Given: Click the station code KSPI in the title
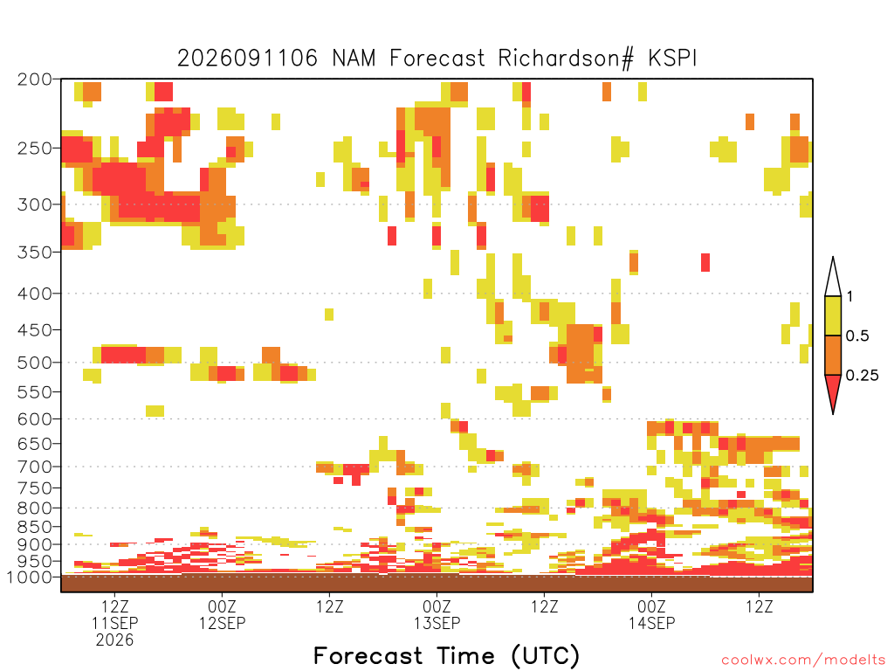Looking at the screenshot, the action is pyautogui.click(x=672, y=59).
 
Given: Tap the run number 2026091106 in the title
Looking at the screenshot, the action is pyautogui.click(x=247, y=59).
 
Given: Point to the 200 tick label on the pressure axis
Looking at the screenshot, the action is pyautogui.click(x=35, y=80).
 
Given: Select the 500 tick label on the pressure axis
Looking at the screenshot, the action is pyautogui.click(x=35, y=363).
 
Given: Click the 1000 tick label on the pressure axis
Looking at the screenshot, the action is pyautogui.click(x=29, y=578).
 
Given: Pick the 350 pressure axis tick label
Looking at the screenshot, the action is pyautogui.click(x=35, y=252).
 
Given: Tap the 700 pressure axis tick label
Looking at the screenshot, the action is pyautogui.click(x=35, y=467).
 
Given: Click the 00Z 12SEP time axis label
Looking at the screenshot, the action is pyautogui.click(x=222, y=614).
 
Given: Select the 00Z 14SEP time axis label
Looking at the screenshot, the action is pyautogui.click(x=651, y=614).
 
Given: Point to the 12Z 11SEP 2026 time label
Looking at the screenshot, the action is pyautogui.click(x=114, y=623).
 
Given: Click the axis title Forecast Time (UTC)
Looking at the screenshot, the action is pyautogui.click(x=446, y=655).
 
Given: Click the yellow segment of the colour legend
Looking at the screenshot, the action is pyautogui.click(x=833, y=315).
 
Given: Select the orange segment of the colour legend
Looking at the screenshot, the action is pyautogui.click(x=833, y=355).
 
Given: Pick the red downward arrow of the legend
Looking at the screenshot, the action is pyautogui.click(x=833, y=391).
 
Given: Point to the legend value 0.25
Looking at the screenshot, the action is pyautogui.click(x=862, y=376).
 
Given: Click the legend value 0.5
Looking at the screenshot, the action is pyautogui.click(x=857, y=336).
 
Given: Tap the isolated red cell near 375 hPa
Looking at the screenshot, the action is pyautogui.click(x=705, y=262).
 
